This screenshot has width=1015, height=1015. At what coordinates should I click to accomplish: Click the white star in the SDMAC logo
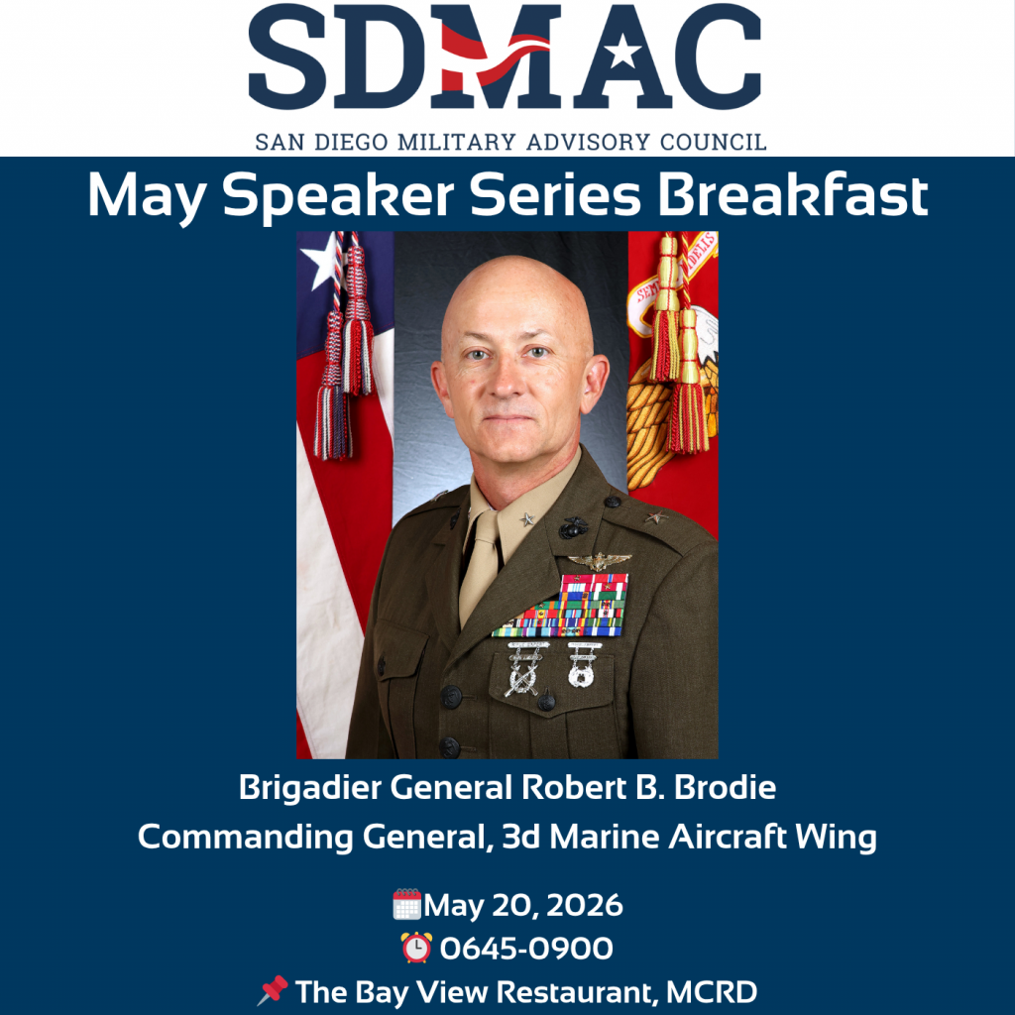(x=622, y=52)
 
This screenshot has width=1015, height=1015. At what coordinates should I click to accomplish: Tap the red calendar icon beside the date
(x=407, y=904)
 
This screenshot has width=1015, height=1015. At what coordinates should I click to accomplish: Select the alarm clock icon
(x=416, y=947)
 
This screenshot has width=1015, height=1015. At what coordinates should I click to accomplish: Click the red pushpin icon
(x=273, y=990)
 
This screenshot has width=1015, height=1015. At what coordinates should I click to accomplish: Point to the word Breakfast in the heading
(x=793, y=195)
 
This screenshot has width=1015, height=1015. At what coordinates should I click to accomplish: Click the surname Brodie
(x=725, y=788)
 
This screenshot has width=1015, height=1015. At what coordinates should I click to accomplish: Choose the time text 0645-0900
(x=526, y=949)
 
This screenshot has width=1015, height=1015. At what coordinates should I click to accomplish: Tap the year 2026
(x=585, y=905)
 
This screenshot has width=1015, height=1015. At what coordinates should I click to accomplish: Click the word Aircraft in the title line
(x=728, y=837)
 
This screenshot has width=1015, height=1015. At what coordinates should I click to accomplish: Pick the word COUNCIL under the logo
(x=714, y=142)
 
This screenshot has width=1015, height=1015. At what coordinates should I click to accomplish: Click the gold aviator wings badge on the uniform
(x=600, y=561)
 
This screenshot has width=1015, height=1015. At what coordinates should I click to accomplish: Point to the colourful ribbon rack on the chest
(x=561, y=606)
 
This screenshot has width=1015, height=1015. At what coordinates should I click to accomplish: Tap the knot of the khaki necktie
(x=486, y=526)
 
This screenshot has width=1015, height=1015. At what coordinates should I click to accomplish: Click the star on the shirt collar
(x=527, y=518)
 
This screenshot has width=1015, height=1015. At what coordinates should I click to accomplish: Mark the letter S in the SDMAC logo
(x=287, y=56)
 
